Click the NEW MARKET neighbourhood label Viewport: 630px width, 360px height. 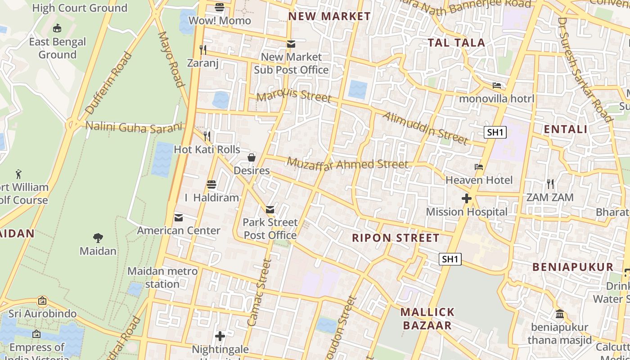point(329,17)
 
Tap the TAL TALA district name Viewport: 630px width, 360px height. point(456,43)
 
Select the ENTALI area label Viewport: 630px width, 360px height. point(565,130)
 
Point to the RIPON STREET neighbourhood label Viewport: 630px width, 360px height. point(396,238)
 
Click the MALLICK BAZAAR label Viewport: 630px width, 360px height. point(427,319)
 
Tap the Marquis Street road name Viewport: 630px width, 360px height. point(294,96)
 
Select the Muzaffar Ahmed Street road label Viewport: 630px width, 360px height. point(347,164)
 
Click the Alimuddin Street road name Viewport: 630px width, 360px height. point(425,128)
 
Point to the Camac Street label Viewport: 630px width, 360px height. point(260,292)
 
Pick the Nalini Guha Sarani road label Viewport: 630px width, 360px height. point(135,127)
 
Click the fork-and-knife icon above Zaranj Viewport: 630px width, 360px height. point(203,49)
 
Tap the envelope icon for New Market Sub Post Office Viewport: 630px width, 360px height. point(291,44)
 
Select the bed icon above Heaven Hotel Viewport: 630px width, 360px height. point(479,167)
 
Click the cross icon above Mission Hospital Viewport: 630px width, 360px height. point(467,198)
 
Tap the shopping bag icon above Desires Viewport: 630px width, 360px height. point(252,157)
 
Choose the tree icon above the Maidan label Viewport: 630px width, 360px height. point(98,238)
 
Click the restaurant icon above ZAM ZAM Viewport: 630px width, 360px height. point(550,184)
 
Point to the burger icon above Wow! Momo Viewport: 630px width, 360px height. point(220,7)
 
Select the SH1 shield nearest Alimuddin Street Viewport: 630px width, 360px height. point(495,132)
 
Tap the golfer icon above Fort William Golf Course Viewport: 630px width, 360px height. point(18,174)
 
